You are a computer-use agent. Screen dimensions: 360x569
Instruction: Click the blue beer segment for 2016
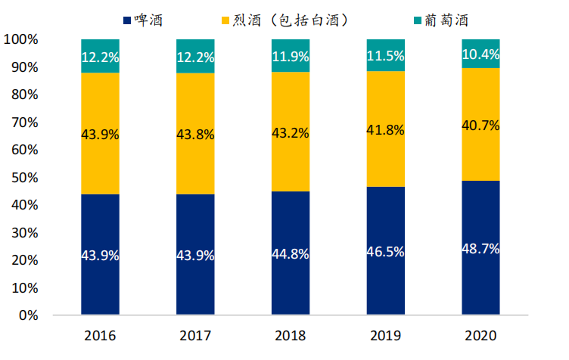100,227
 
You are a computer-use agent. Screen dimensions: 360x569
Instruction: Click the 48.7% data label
480,249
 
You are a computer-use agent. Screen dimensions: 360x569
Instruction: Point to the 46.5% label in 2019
385,254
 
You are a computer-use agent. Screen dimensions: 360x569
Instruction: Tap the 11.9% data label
291,56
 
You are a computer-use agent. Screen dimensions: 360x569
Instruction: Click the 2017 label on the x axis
195,334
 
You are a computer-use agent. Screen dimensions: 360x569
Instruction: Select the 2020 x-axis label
480,334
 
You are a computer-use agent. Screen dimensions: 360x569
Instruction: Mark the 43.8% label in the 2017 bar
195,135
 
